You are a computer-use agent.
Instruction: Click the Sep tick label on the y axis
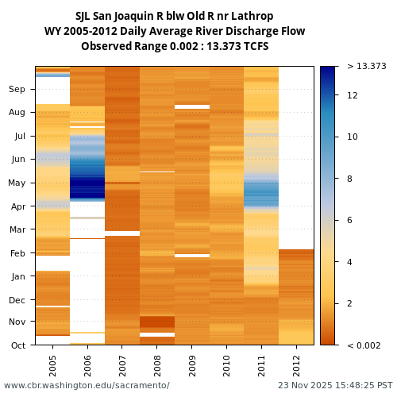[17, 90]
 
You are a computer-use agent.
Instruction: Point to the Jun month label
[17, 160]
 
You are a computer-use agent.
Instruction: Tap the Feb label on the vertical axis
[17, 253]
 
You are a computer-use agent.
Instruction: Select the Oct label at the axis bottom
[17, 345]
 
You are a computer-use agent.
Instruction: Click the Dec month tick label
[17, 300]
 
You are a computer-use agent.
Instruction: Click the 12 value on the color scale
[353, 95]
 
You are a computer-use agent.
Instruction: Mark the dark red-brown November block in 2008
[156, 322]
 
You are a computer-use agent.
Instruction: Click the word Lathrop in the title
[253, 17]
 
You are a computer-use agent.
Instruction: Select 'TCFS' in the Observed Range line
[255, 47]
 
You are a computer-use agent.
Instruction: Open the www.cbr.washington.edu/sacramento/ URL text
[87, 386]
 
